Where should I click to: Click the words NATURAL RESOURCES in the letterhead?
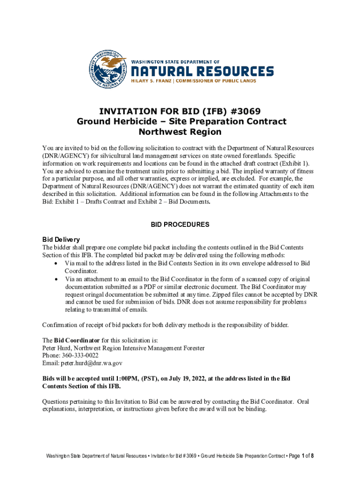click(x=202, y=72)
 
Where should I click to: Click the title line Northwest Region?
click(x=181, y=132)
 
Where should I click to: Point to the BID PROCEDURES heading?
click(x=180, y=225)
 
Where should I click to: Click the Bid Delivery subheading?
click(x=61, y=239)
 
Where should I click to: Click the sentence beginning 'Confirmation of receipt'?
click(x=166, y=325)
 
